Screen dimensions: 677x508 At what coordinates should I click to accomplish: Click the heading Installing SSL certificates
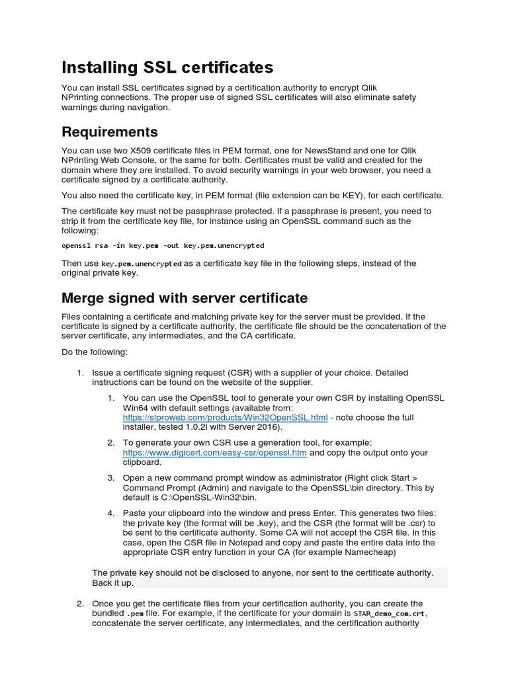pos(167,67)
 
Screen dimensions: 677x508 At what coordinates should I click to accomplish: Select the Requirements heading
pos(109,131)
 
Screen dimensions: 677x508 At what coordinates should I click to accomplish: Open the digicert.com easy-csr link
pos(215,453)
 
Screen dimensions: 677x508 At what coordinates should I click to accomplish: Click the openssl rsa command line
pos(162,245)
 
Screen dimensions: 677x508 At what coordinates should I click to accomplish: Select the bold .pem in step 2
pos(134,614)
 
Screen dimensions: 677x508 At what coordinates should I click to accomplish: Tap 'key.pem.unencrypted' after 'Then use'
pos(142,263)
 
